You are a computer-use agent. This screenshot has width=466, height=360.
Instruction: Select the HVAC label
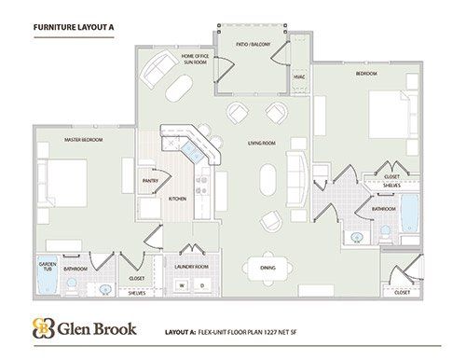coord(299,76)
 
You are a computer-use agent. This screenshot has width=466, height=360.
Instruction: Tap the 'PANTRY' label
coord(148,181)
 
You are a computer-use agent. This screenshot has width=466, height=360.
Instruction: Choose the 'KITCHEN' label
coord(177,199)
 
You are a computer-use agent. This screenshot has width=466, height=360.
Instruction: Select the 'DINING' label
coord(267,269)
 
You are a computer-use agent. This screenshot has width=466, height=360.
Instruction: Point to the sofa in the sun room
coord(156,67)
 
